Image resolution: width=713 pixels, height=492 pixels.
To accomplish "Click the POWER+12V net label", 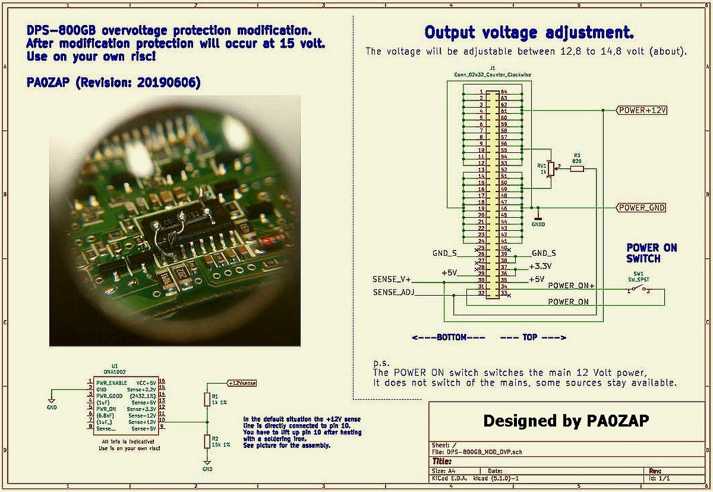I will pos(642,110).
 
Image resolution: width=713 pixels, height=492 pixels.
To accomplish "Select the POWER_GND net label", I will pos(641,208).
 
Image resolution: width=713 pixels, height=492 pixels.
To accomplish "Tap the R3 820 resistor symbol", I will pos(576,169).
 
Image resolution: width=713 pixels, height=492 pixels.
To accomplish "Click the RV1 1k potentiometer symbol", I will pos(550,170).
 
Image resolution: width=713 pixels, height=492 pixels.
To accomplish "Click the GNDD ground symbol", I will pos(538,217).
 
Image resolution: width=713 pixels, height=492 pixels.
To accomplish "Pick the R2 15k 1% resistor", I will pos(207,441).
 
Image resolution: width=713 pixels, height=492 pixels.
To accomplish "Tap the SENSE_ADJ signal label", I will pos(393,292).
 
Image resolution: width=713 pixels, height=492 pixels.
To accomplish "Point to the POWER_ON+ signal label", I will pos(571,286).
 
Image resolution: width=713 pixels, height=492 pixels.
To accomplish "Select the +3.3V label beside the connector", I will pos(540,266).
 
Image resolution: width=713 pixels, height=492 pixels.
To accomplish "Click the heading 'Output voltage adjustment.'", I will pos(529,32).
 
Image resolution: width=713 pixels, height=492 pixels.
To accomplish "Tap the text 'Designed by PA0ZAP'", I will pos(565,421).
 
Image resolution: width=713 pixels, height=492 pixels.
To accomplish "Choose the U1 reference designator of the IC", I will pos(115,366).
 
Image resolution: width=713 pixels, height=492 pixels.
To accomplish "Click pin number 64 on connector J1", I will pos(504,92).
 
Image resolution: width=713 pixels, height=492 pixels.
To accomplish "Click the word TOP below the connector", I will pos(530,337).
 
